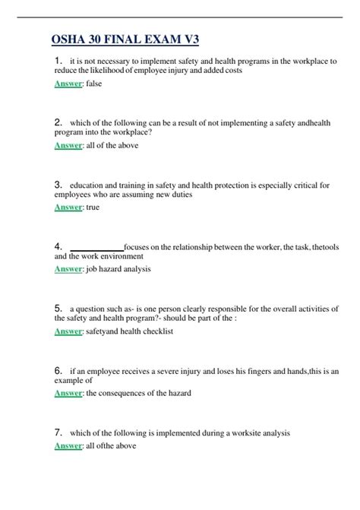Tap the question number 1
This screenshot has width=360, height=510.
58,60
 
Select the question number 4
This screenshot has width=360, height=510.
58,246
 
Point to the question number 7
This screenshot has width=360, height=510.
58,432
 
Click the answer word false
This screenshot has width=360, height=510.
94,84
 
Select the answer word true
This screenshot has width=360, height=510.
93,207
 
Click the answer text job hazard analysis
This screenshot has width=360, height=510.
119,269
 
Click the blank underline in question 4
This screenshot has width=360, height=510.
96,247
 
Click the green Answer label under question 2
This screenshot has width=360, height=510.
68,145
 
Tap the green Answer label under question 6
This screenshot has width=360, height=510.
68,393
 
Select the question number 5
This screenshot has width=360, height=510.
58,309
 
